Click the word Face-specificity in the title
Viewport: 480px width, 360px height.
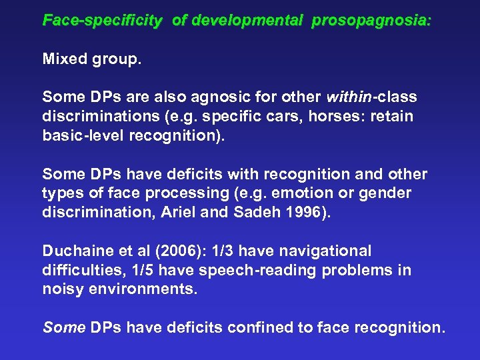coord(102,21)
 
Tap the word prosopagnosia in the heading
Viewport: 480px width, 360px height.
coord(371,21)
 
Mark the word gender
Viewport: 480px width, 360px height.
coord(387,193)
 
